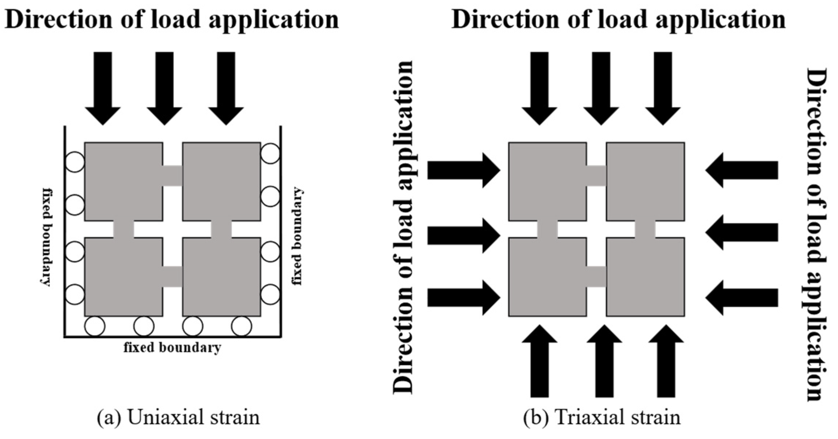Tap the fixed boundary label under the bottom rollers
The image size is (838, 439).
(172, 348)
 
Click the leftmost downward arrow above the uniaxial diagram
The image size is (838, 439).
(103, 87)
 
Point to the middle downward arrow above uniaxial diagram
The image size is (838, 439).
(165, 87)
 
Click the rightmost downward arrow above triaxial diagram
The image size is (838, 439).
(662, 87)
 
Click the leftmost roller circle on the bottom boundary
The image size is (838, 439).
(95, 326)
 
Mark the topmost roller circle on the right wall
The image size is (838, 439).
(270, 153)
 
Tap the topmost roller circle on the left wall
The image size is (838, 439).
(75, 162)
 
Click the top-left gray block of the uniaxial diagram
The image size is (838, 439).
(124, 181)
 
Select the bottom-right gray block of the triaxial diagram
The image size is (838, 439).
(645, 277)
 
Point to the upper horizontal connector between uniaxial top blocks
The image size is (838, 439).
(172, 176)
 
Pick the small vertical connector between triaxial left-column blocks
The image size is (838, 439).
(547, 229)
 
